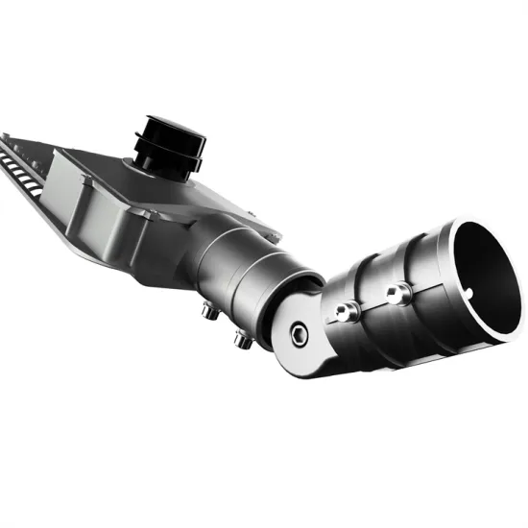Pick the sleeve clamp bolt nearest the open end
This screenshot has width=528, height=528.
394,291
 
